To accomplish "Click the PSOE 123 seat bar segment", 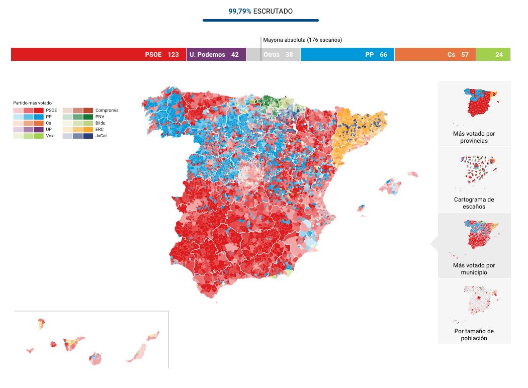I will click(99, 54).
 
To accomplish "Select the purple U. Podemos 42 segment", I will click(216, 54).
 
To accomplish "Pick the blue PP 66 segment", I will click(347, 54).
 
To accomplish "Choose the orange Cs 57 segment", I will click(435, 54).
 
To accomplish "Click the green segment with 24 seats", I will click(493, 54).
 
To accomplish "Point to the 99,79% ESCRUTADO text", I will click(260, 11).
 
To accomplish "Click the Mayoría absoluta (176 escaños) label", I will click(302, 40).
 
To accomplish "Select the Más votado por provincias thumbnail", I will click(474, 114).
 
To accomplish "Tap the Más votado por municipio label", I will click(474, 269).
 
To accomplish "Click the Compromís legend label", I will click(107, 110).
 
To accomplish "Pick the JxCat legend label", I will click(101, 136).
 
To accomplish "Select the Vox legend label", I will click(50, 136).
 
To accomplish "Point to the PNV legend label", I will click(100, 117).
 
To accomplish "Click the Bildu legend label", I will click(100, 123).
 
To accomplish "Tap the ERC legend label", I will click(100, 129).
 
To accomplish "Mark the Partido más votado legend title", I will click(32, 103).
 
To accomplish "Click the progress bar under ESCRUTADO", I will click(260, 21).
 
